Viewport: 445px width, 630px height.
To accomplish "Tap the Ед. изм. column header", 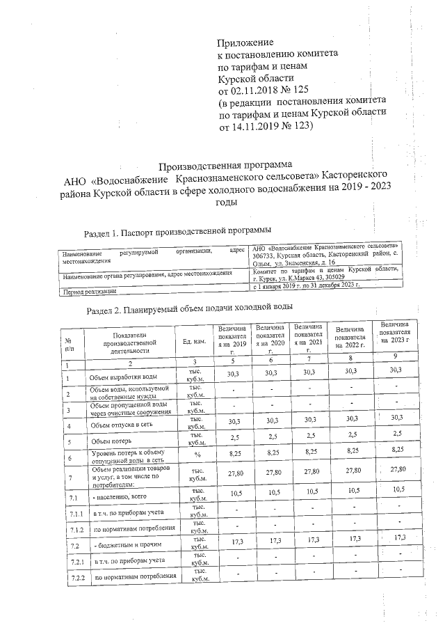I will [195, 342].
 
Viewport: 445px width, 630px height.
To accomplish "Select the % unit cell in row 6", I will [197, 456].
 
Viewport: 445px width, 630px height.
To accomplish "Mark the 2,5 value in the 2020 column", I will [271, 437].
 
